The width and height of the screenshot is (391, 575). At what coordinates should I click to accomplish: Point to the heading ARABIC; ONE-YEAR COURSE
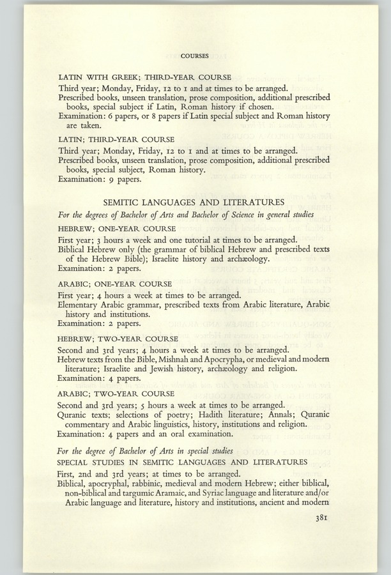111,284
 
